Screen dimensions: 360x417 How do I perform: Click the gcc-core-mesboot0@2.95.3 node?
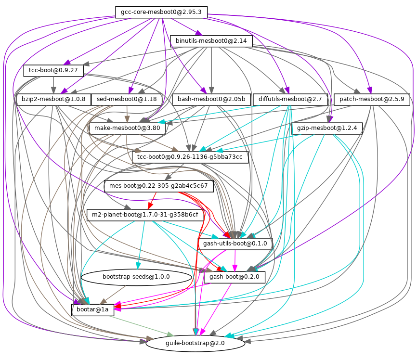click(x=161, y=12)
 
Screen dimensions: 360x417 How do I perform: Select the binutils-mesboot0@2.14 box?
click(x=211, y=41)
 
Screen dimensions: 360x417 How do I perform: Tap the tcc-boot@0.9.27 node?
click(x=53, y=71)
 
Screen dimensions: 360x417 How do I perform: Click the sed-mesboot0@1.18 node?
click(x=127, y=100)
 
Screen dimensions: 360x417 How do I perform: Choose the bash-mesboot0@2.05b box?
click(x=211, y=100)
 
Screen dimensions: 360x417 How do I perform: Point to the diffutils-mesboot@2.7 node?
click(x=290, y=100)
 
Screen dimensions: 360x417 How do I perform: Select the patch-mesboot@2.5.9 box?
click(x=371, y=100)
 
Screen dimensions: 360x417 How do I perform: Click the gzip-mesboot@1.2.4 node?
click(x=327, y=129)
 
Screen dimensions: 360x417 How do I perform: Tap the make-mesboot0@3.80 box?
click(x=128, y=129)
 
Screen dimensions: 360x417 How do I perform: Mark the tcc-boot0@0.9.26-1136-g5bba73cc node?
click(x=190, y=157)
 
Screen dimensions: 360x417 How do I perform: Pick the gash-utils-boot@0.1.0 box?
click(x=235, y=244)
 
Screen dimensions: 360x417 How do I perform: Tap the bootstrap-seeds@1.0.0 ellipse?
click(x=137, y=277)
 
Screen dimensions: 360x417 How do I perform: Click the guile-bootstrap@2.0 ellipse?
click(x=195, y=343)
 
